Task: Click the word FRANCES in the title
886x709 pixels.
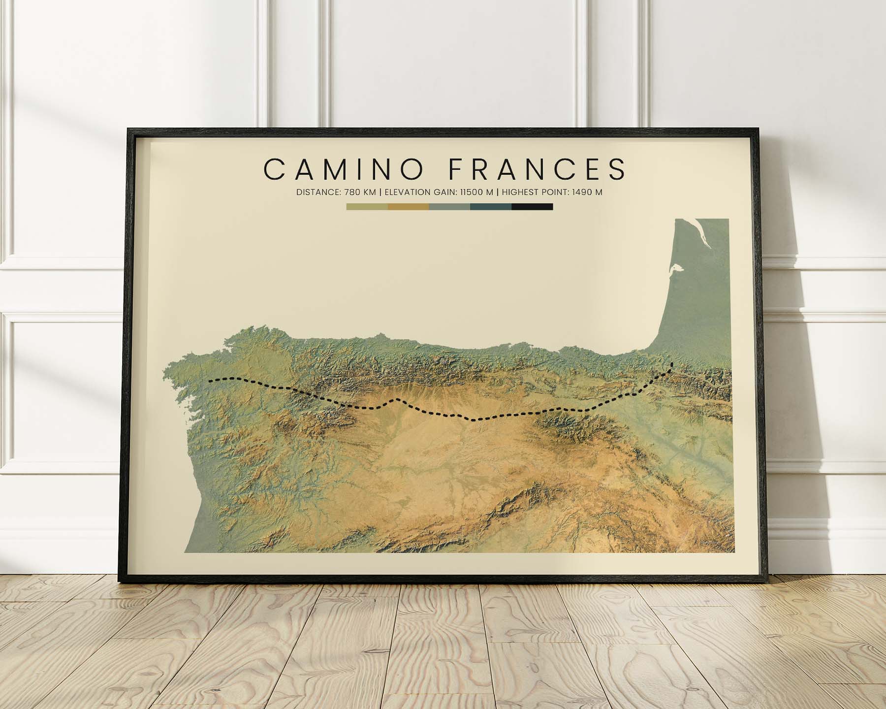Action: point(538,169)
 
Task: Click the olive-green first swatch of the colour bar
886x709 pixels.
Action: point(367,207)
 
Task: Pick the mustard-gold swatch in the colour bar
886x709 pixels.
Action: point(408,207)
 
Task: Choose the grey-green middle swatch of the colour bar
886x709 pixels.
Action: point(449,207)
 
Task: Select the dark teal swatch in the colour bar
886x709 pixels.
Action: point(491,207)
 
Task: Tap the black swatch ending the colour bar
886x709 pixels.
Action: point(532,207)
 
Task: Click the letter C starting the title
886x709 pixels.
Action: point(274,169)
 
